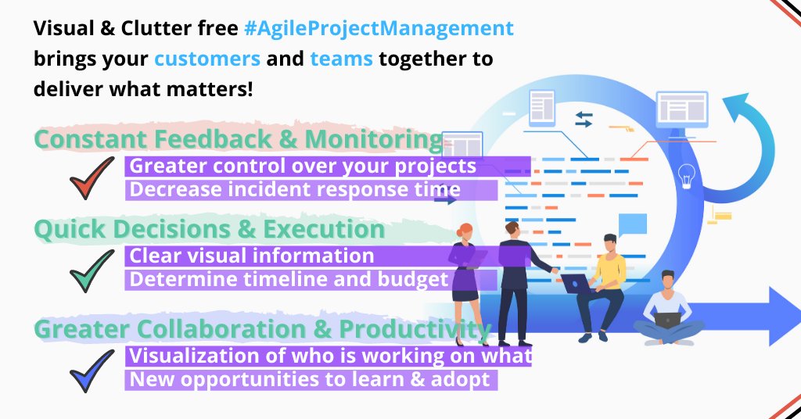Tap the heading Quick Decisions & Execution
coord(209,230)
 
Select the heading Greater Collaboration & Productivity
coord(262,329)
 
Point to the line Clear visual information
coord(252,256)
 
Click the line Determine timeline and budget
coord(289,280)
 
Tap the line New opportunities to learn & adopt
coord(310,380)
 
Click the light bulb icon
coord(688,176)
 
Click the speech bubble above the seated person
coord(632,225)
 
